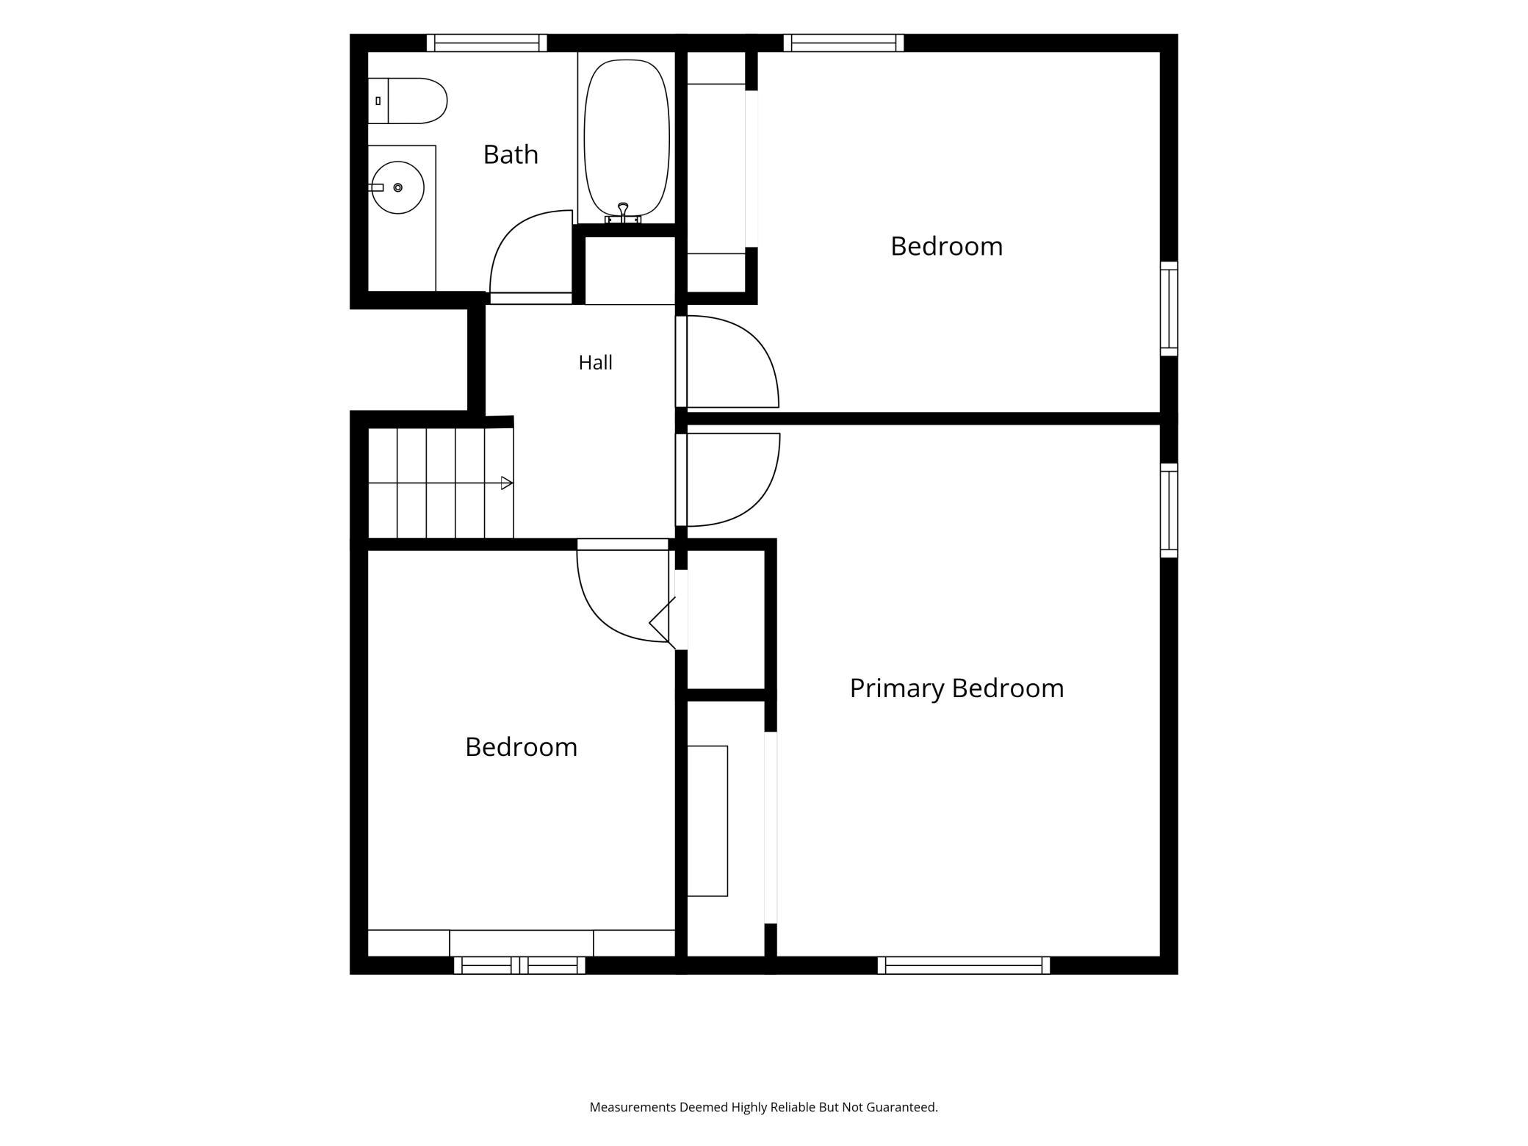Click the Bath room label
click(511, 154)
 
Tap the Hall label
click(595, 362)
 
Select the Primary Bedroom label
click(956, 688)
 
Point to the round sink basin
click(398, 187)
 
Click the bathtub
click(627, 138)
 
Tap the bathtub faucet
click(623, 213)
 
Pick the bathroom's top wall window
click(486, 43)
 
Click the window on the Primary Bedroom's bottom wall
click(964, 965)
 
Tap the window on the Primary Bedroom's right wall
click(1169, 511)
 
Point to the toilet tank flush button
click(378, 101)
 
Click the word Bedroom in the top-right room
click(946, 246)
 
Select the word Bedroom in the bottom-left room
click(521, 747)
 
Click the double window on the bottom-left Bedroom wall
click(519, 965)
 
